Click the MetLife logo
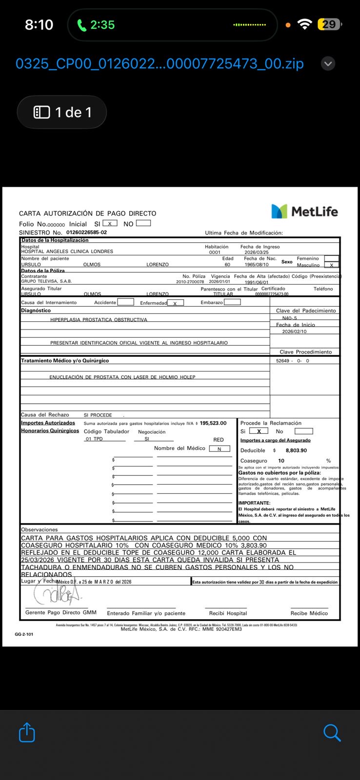[304, 211]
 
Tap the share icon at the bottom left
[27, 732]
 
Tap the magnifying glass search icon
[332, 732]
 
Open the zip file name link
[160, 63]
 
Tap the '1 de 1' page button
[62, 112]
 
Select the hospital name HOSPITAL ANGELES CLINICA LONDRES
[67, 252]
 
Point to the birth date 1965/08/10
[257, 265]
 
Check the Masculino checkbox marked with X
[331, 265]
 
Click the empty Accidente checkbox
[125, 302]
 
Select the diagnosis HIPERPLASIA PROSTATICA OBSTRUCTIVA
[99, 320]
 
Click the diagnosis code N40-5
[289, 318]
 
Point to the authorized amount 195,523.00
[213, 423]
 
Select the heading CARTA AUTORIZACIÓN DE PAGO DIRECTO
[88, 214]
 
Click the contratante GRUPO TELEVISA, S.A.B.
[46, 281]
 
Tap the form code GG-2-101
[24, 634]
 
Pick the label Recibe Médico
[309, 613]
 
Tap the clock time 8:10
[39, 24]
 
